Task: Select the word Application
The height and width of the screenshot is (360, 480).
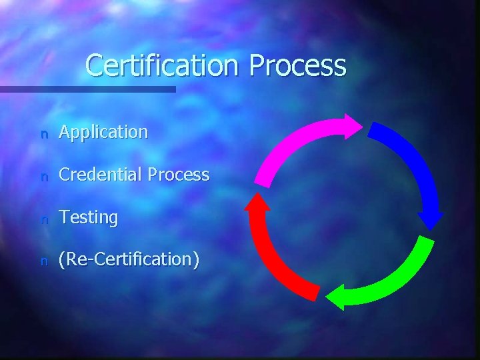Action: (103, 132)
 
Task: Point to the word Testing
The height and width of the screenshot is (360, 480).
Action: (88, 217)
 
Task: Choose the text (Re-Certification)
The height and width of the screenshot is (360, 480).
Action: (129, 259)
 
